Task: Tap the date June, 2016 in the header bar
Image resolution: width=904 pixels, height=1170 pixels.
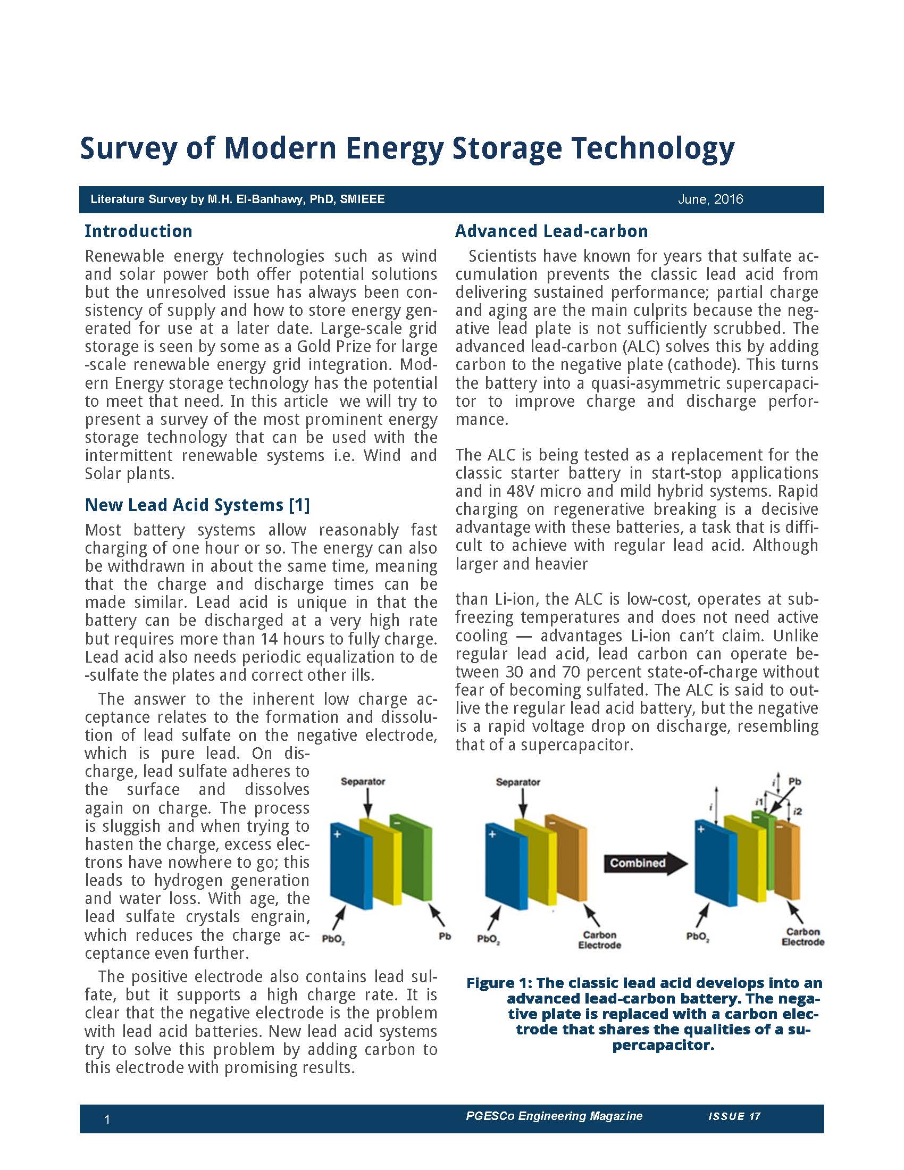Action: tap(710, 199)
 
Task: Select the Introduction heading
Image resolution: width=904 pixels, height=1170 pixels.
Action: tap(139, 231)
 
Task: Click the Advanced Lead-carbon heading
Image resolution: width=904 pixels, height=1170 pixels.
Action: tap(551, 231)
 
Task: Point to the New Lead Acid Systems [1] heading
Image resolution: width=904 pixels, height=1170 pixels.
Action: tap(198, 505)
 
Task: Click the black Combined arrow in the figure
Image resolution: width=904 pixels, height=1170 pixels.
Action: tap(646, 863)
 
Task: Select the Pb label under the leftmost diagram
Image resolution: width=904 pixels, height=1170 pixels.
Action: tap(445, 936)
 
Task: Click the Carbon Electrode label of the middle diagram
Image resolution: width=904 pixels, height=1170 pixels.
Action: tap(599, 940)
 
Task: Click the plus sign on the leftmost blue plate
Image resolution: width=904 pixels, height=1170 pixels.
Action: tap(337, 834)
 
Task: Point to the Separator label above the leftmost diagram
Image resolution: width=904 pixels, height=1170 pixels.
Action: tap(363, 782)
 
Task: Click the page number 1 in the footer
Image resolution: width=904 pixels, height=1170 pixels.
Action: tap(107, 1119)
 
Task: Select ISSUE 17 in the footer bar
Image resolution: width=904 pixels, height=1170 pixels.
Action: tap(734, 1116)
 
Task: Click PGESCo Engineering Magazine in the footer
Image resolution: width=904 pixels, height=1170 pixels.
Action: tap(554, 1116)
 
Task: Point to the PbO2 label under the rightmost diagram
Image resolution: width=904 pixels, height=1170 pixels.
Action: tap(698, 938)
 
